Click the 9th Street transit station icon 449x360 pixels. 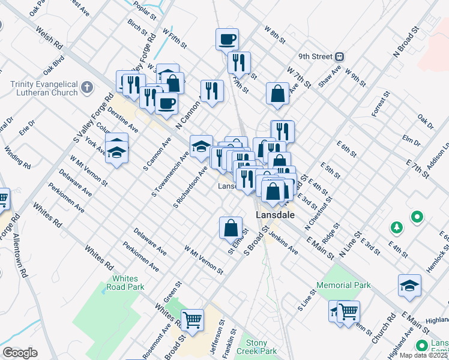(340, 57)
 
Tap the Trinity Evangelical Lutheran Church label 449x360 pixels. (44, 88)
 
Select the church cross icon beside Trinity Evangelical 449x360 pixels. (87, 88)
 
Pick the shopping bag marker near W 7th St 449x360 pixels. (277, 94)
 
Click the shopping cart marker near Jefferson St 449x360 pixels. (192, 320)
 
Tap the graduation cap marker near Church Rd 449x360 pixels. (409, 286)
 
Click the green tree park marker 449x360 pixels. (396, 227)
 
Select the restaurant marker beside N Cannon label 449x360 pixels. (211, 90)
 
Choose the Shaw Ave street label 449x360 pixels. (330, 76)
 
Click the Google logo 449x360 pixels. (20, 353)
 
